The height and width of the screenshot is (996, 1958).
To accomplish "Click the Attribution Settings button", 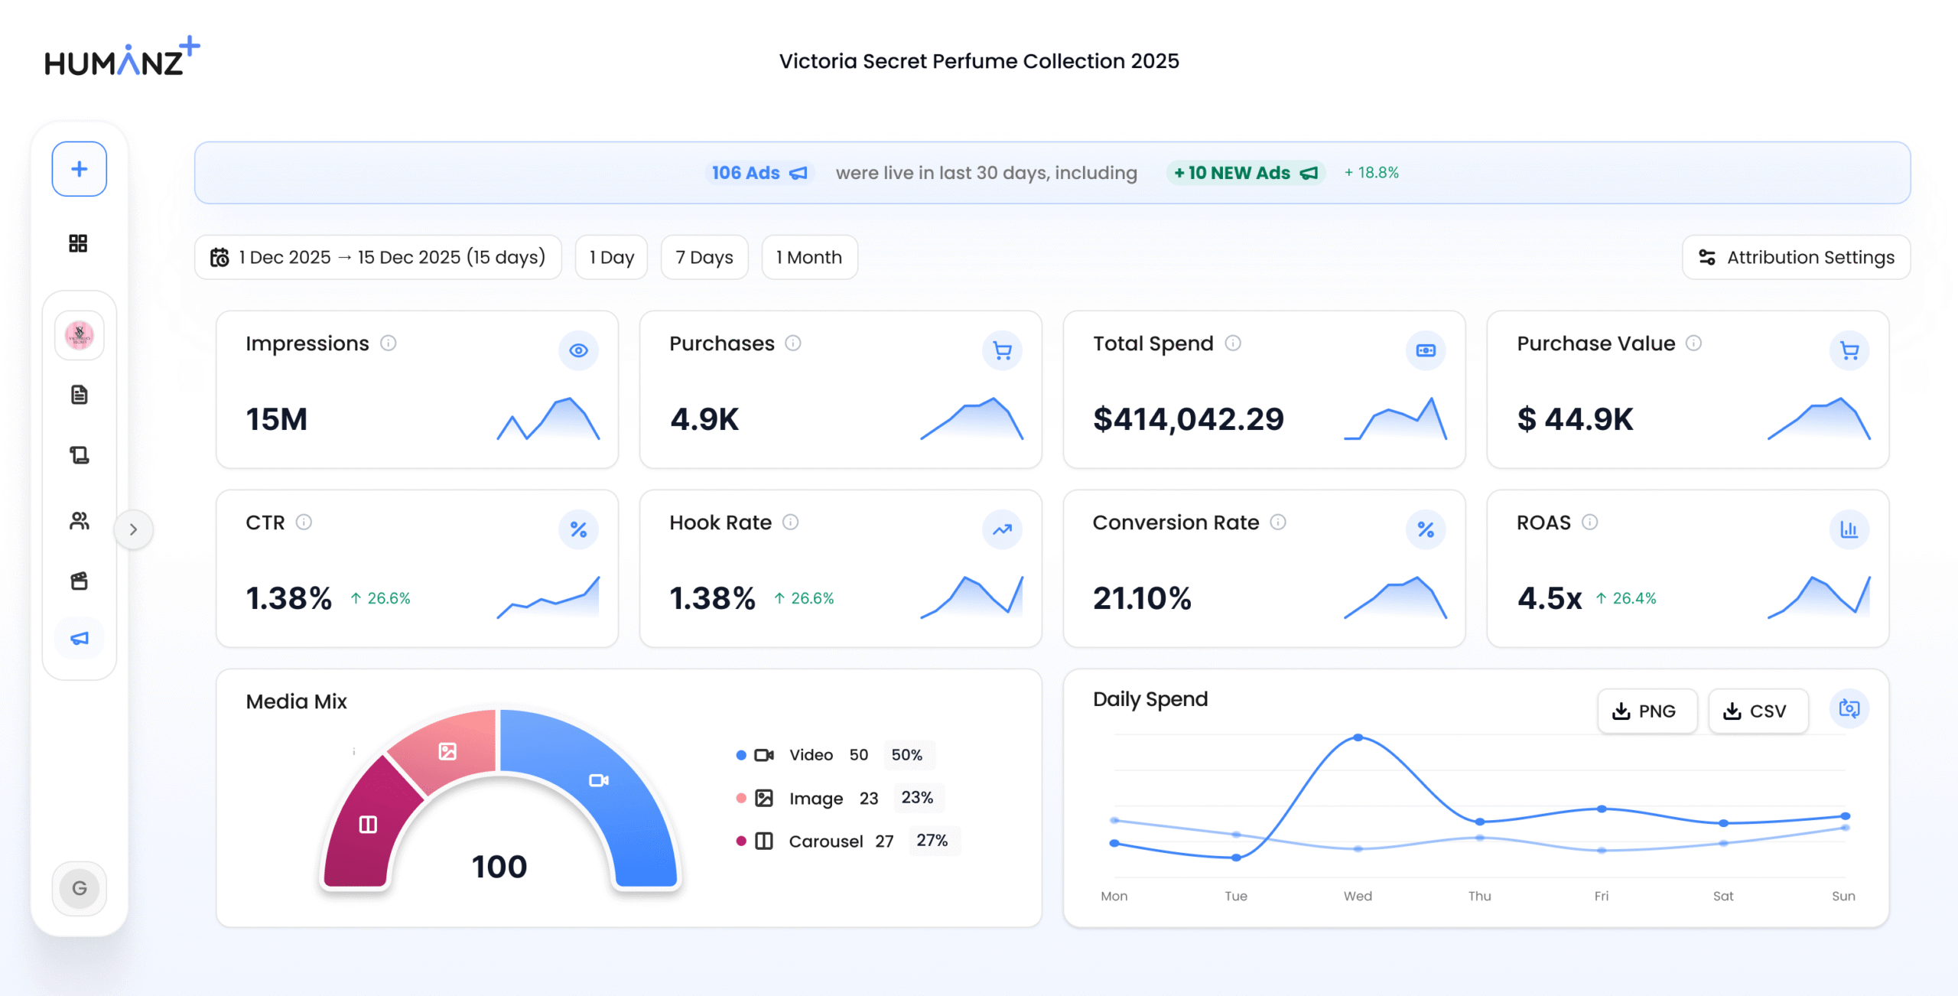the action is pos(1796,257).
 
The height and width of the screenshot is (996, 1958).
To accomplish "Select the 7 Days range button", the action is pos(704,257).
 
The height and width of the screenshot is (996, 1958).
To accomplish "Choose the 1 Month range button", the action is pos(809,257).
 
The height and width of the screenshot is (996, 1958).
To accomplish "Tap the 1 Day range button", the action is pos(611,257).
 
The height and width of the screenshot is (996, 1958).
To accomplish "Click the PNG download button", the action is pos(1647,711).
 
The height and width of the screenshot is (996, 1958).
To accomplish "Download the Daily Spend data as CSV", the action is pos(1758,711).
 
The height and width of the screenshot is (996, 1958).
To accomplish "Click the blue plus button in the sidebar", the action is pos(79,169).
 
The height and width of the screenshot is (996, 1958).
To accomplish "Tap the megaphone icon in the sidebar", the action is pos(80,638).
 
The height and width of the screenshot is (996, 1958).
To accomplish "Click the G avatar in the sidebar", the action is pos(80,888).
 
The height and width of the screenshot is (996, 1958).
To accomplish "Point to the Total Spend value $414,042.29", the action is pos(1188,419).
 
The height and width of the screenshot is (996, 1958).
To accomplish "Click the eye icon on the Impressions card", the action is pos(578,350).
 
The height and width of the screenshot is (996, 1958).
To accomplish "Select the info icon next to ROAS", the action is pos(1589,522).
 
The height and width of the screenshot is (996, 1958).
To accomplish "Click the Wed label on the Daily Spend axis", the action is pos(1358,896).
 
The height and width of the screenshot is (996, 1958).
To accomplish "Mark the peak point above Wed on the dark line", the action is pos(1358,737).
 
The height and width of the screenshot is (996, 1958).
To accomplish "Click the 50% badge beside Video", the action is pos(907,755).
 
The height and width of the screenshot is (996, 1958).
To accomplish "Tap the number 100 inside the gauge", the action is pos(499,867).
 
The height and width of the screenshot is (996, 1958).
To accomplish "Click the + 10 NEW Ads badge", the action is pos(1245,173).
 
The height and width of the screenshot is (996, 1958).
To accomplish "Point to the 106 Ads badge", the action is pos(759,173).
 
